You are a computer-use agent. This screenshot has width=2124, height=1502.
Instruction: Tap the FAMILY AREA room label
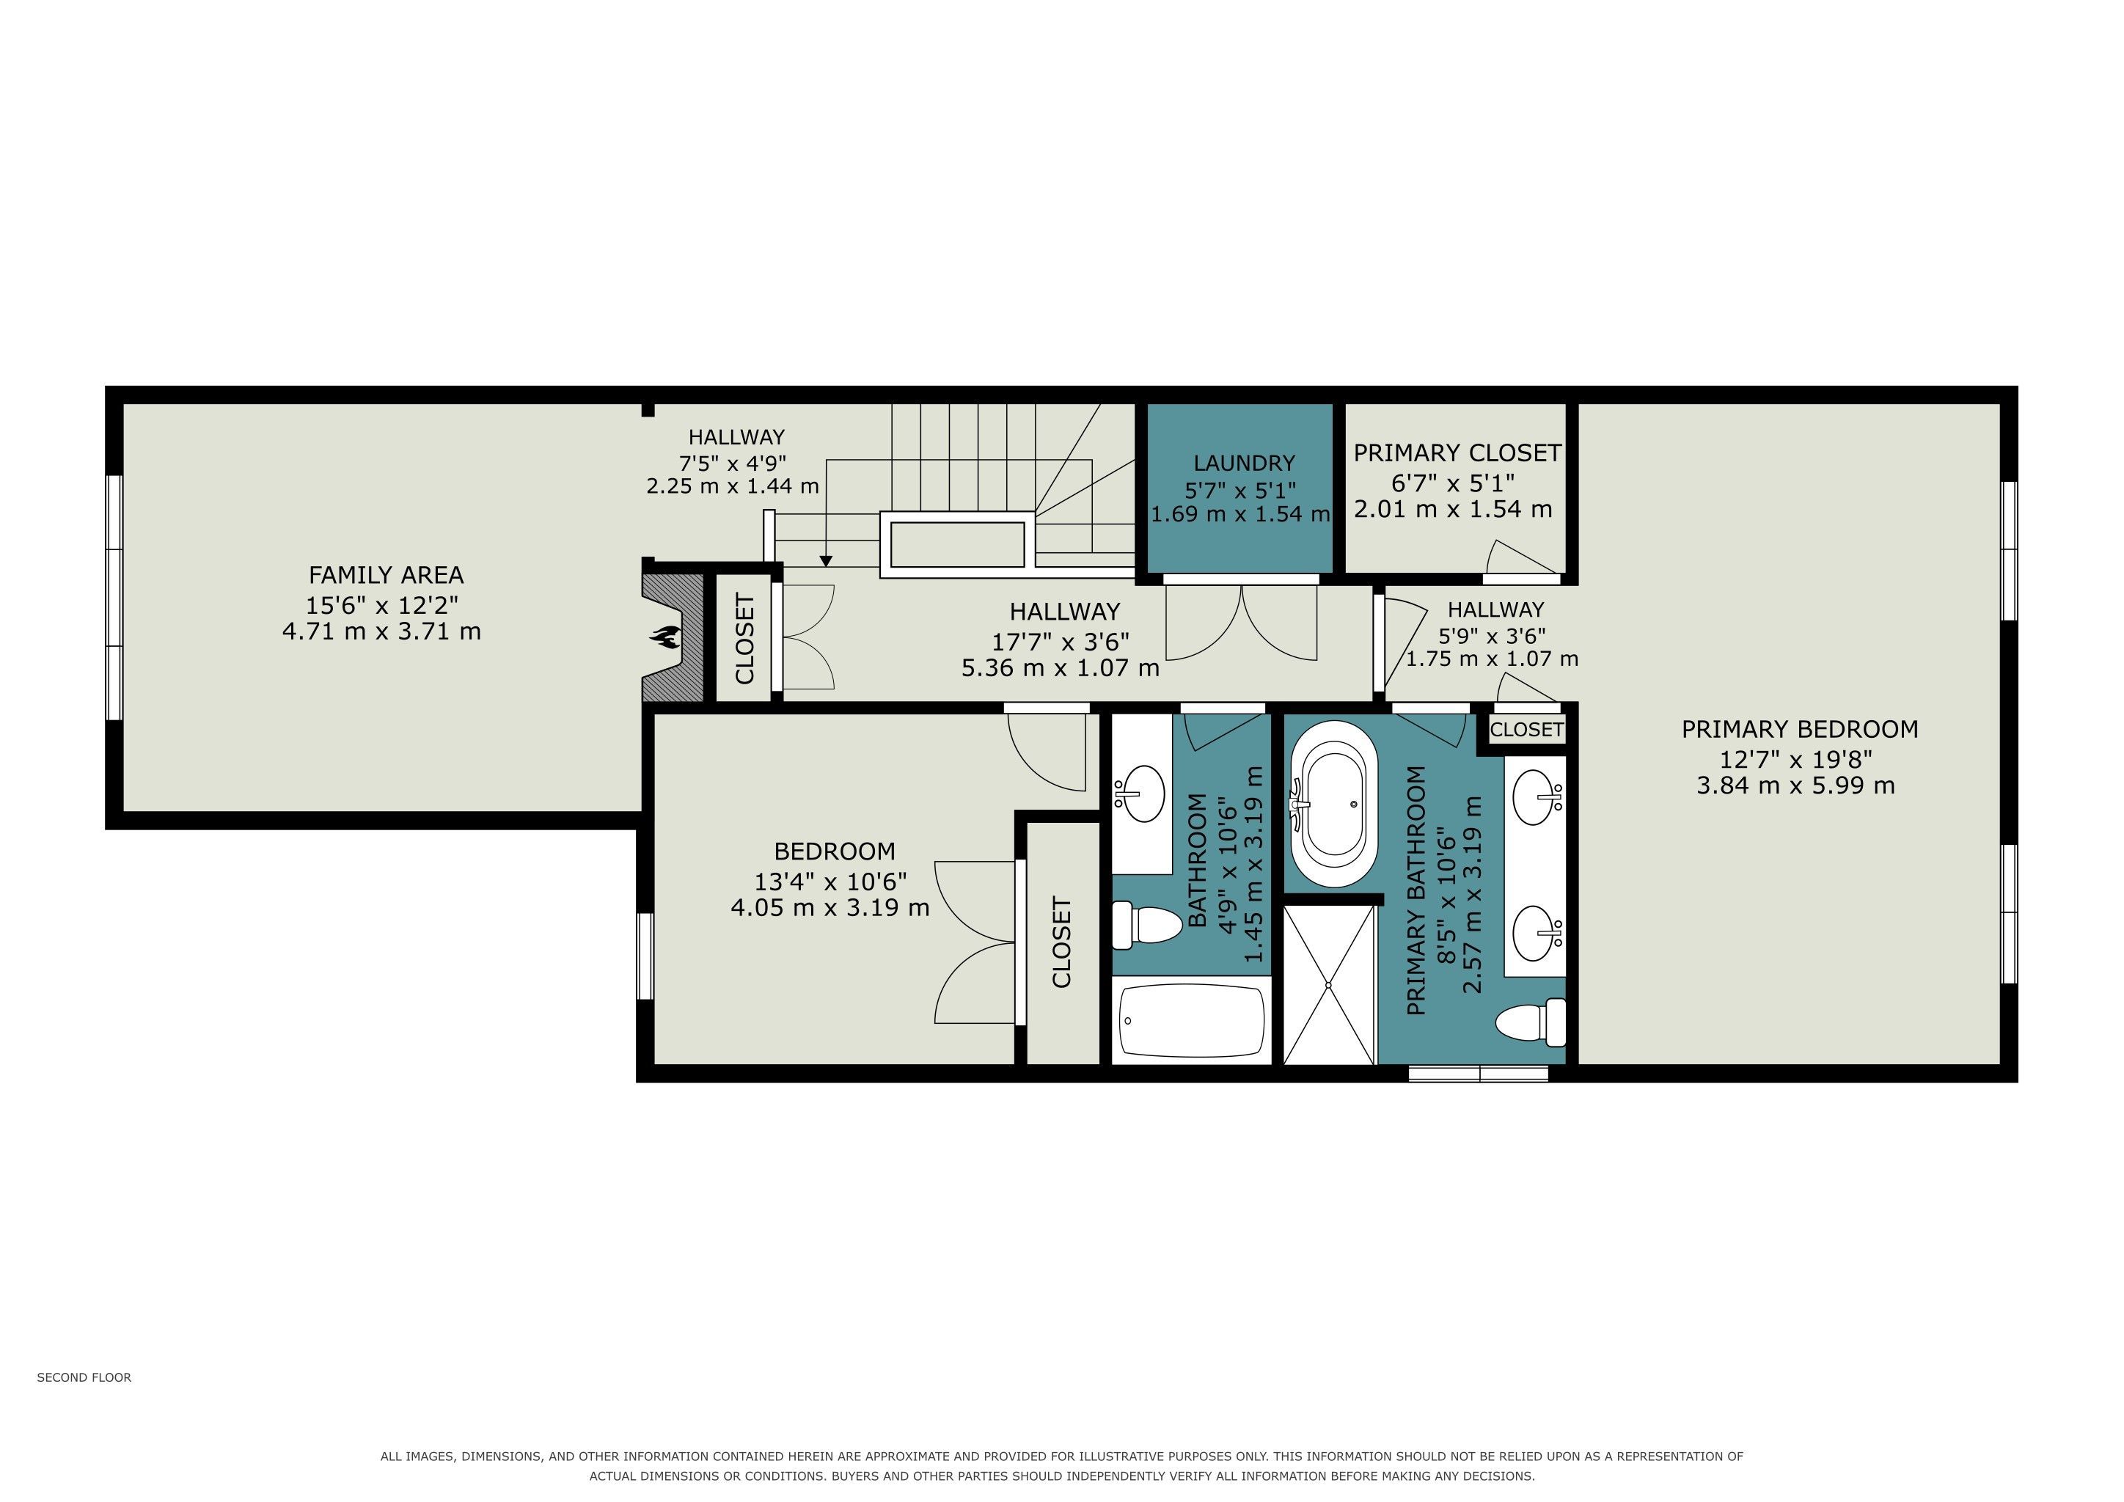point(386,575)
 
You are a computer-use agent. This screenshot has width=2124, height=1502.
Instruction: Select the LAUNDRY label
point(1244,464)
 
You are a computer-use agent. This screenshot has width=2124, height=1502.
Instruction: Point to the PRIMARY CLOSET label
point(1457,453)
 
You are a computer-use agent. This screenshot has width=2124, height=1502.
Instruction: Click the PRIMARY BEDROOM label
point(1799,730)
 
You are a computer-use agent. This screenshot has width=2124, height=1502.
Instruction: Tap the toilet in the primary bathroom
point(1530,1023)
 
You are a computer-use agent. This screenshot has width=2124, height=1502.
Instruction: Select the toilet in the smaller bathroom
point(1147,926)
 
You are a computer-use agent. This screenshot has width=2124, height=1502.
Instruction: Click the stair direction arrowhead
point(826,560)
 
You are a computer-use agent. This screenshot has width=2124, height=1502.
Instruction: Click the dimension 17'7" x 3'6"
point(1061,641)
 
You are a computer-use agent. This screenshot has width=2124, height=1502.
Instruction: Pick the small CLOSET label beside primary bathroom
point(1526,730)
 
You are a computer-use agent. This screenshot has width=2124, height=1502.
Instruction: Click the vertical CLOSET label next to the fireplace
point(744,639)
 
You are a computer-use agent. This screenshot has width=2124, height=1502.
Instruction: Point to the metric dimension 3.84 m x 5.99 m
point(1795,786)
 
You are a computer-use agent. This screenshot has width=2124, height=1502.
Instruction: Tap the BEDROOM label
point(835,851)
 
